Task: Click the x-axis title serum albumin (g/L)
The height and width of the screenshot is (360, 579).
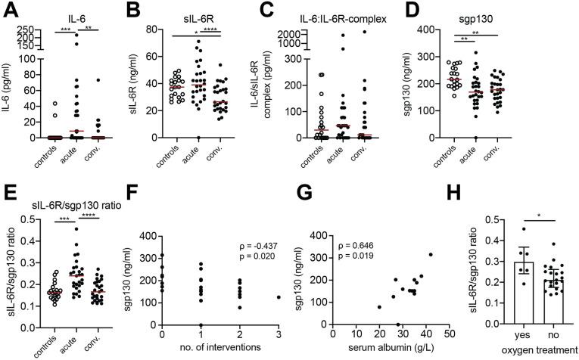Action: coord(391,350)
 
